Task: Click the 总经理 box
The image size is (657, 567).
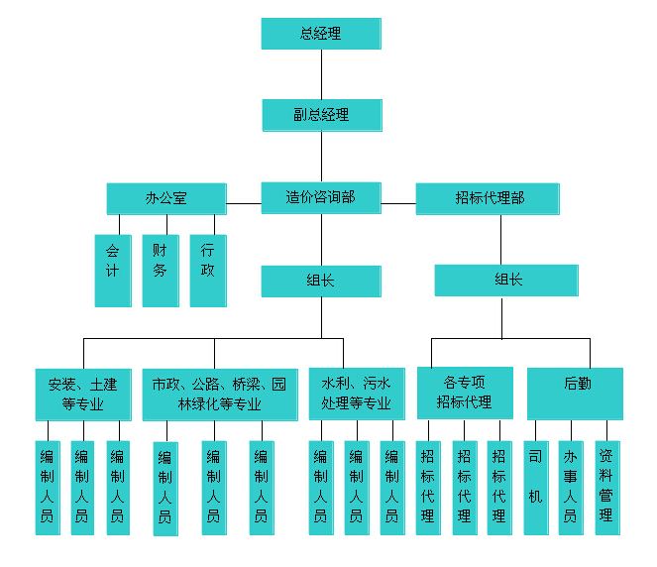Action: pos(320,34)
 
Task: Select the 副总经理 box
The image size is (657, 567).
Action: pos(321,115)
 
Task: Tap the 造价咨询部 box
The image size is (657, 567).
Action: pos(321,198)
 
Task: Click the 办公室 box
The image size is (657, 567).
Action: pos(165,198)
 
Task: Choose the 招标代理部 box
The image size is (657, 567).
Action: pos(490,198)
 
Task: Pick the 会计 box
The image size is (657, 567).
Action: pos(112,270)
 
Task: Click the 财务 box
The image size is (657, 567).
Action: pos(160,270)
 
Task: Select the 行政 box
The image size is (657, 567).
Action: pos(207,270)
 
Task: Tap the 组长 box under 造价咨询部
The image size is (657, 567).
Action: pos(321,281)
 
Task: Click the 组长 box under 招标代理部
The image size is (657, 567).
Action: pos(505,280)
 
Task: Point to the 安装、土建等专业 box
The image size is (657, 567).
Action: pos(82,394)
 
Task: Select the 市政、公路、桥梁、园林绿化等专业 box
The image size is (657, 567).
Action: pos(219,394)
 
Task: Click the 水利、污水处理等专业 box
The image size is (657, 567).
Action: pos(356,394)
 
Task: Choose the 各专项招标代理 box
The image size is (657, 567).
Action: pos(465,394)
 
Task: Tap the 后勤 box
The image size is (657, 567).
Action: pos(575,394)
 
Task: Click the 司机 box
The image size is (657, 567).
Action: pos(536,488)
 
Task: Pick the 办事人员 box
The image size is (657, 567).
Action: pos(571,488)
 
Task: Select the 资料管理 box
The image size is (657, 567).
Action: pos(606,488)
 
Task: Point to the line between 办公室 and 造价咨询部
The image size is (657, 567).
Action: pos(244,203)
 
